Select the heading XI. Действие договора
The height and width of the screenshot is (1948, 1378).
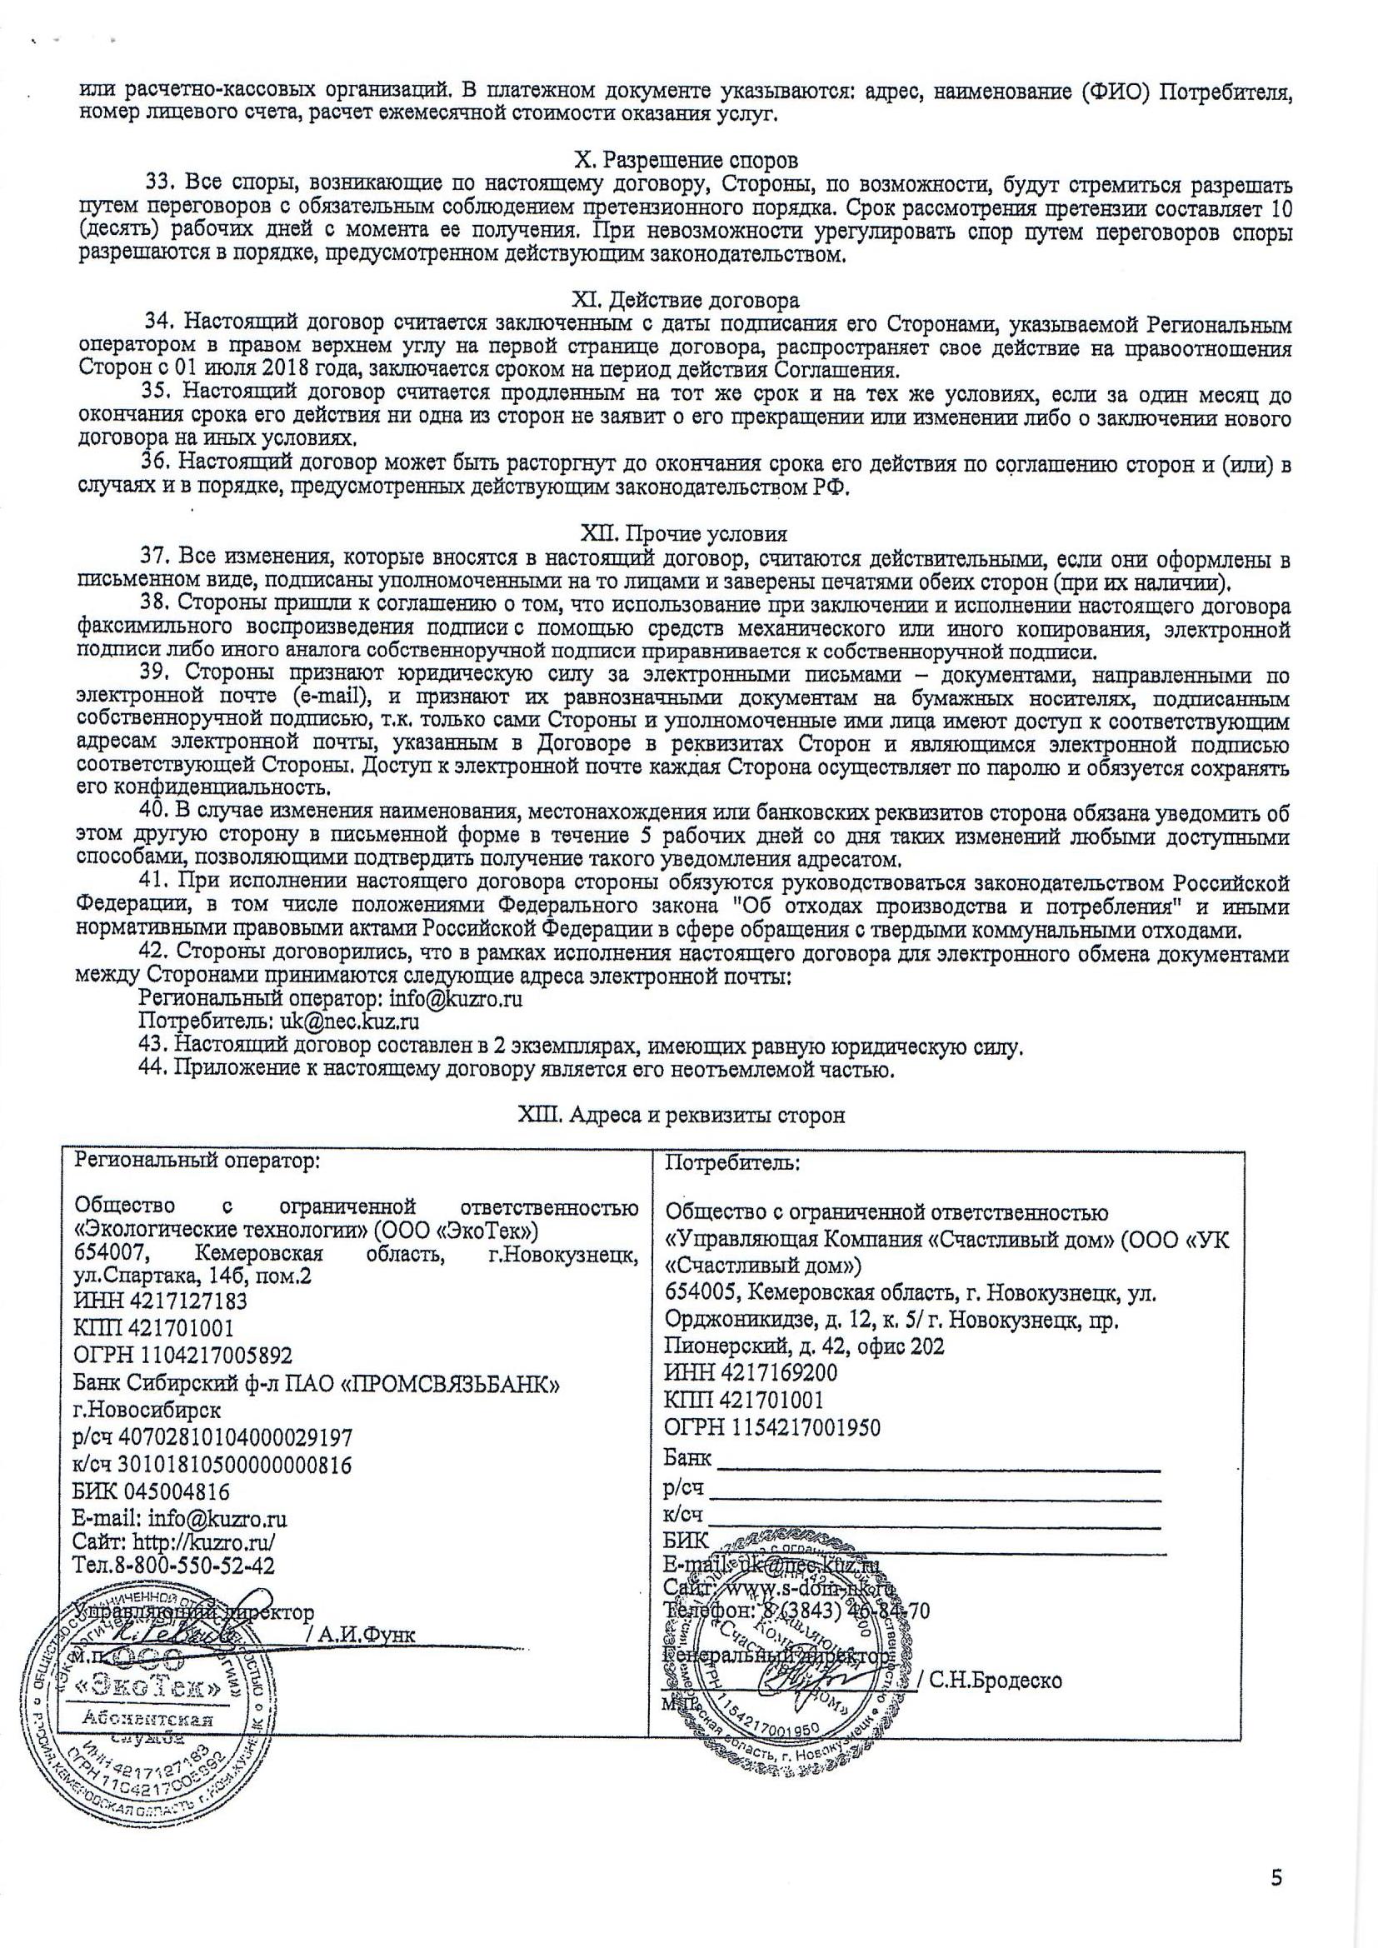point(687,300)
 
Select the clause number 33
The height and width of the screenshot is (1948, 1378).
point(159,183)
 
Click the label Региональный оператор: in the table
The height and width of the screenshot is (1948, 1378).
point(197,1161)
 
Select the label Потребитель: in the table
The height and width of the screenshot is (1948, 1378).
point(731,1163)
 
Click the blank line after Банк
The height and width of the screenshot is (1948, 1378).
point(937,1461)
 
